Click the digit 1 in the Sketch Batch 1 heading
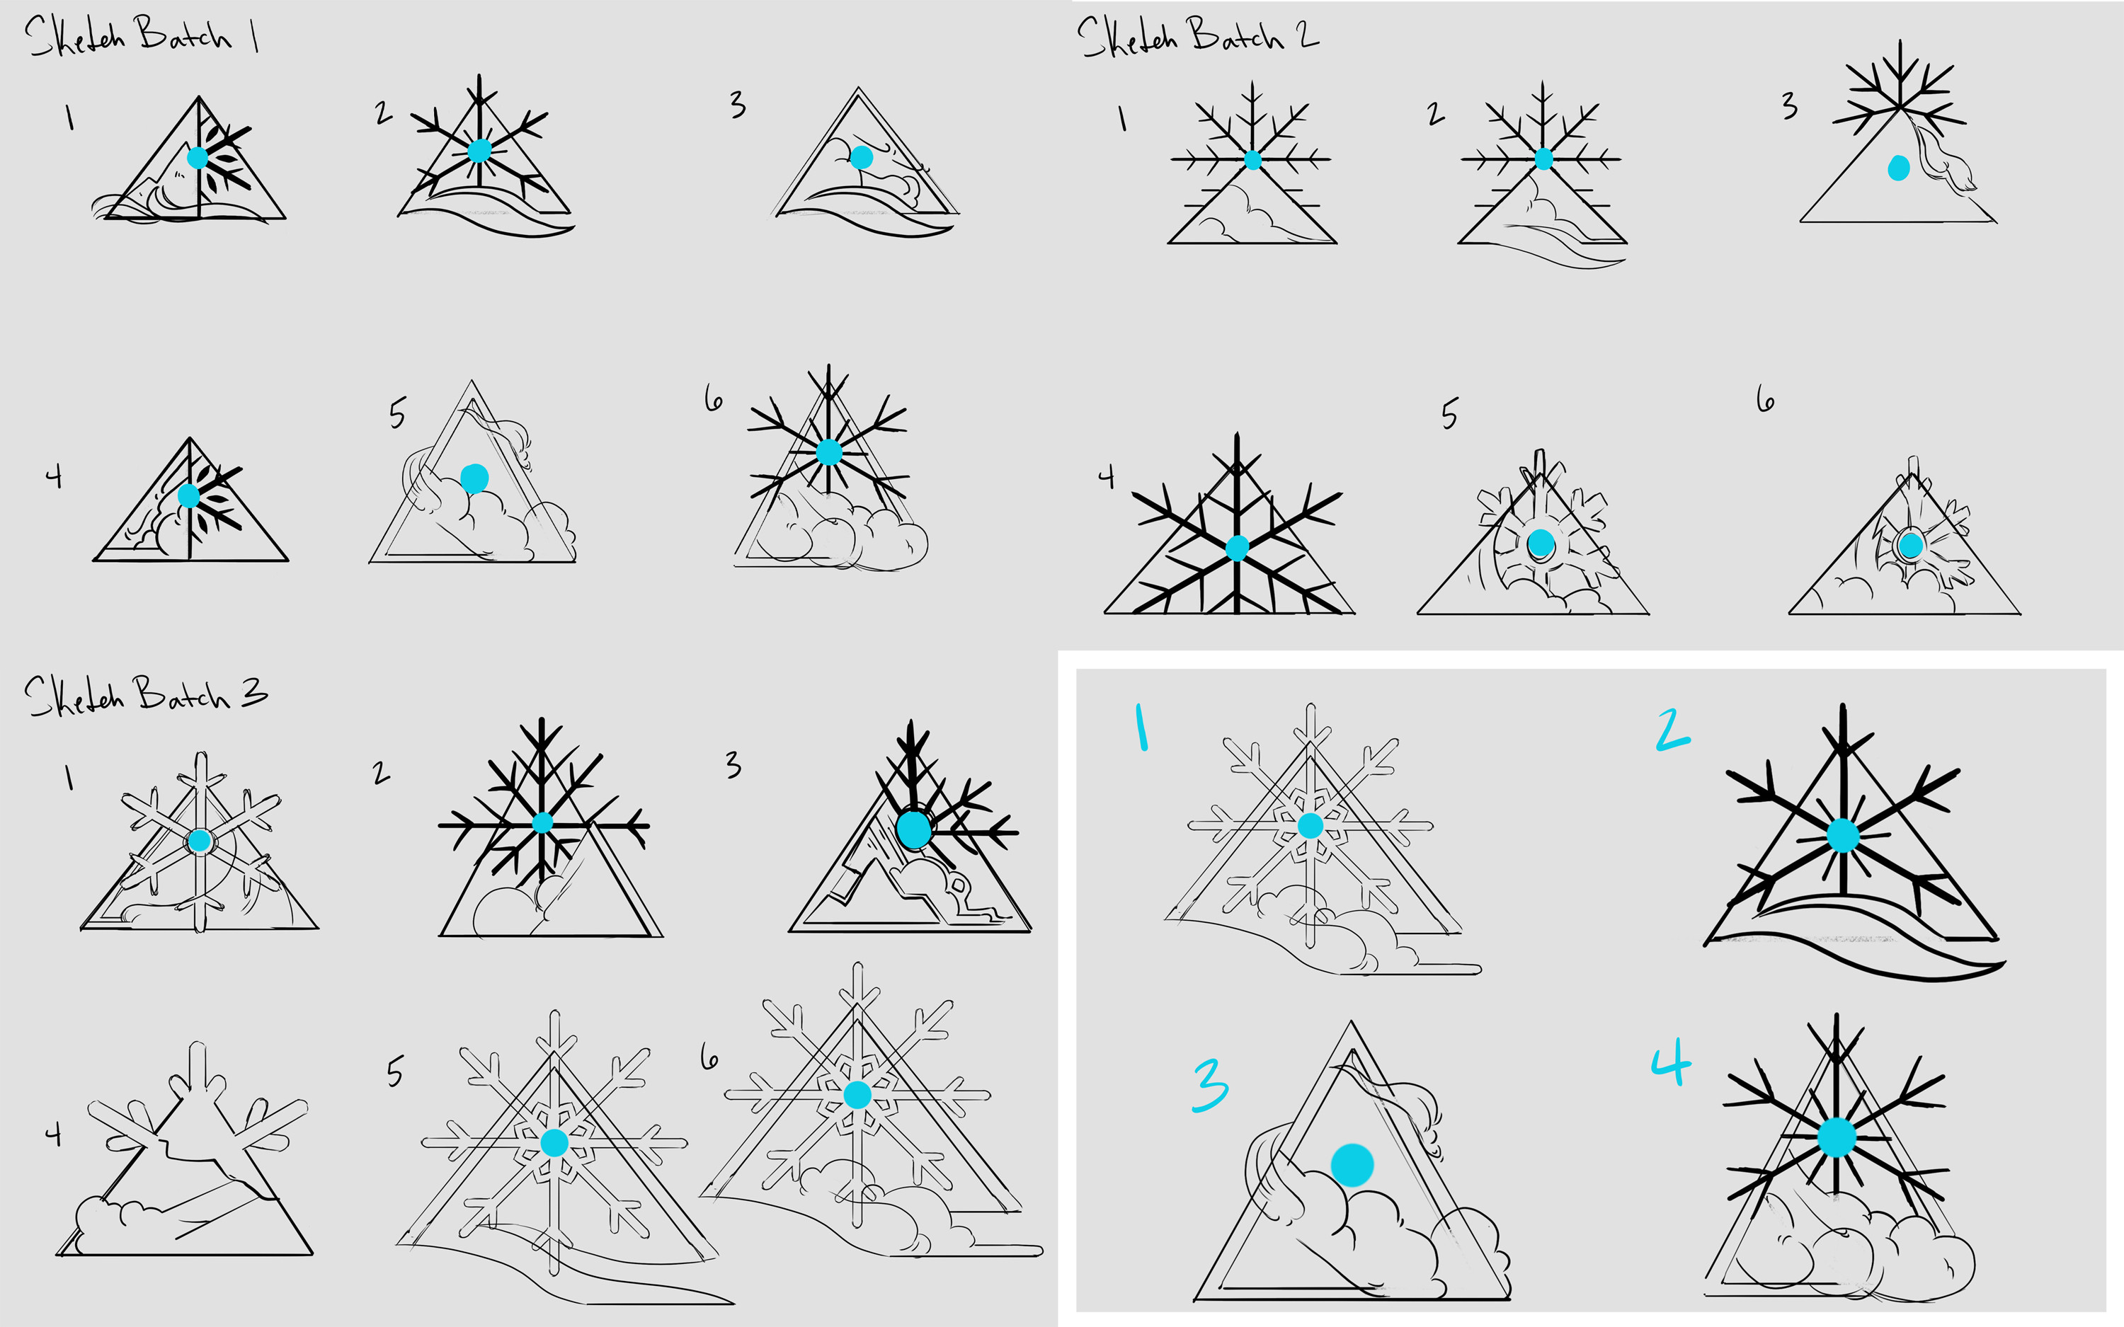(255, 36)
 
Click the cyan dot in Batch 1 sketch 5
(474, 478)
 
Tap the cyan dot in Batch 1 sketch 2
(479, 151)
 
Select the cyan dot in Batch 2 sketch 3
(1898, 168)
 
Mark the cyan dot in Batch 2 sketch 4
(1237, 548)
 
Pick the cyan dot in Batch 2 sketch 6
(1911, 546)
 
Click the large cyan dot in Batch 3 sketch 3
(913, 829)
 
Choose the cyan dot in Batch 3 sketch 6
(857, 1094)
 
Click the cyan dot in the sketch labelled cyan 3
(1352, 1166)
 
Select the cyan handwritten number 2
(1672, 730)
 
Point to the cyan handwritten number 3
(1211, 1085)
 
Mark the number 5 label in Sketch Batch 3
(396, 1072)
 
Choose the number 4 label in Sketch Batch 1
(55, 476)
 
